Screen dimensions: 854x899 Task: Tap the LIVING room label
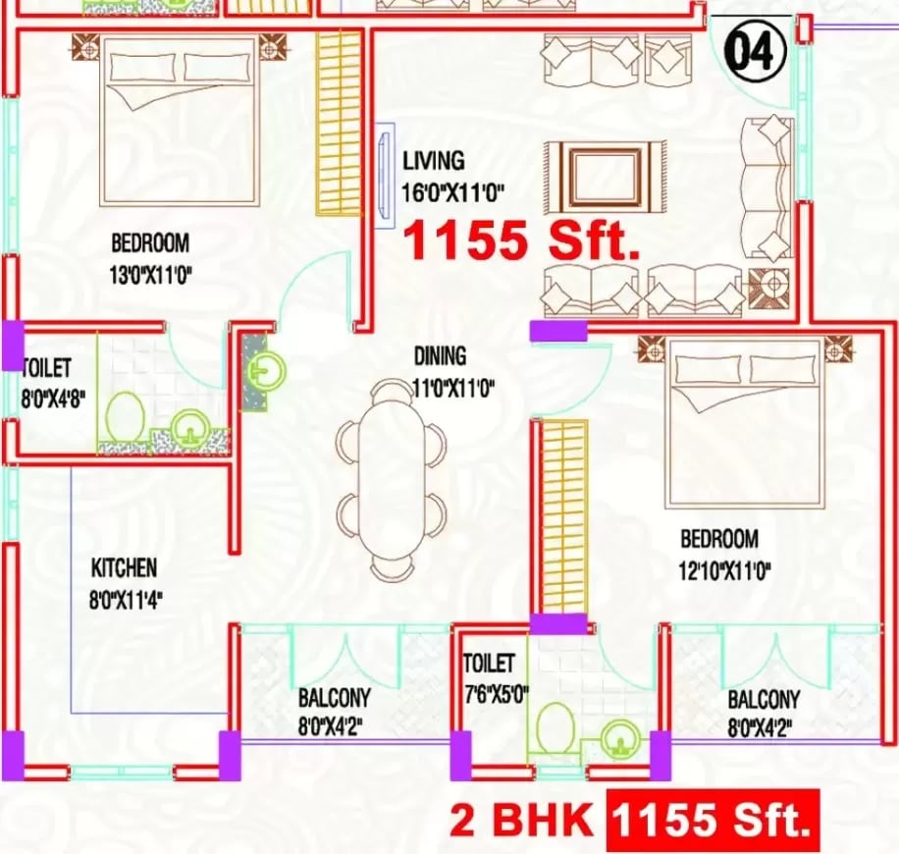click(433, 161)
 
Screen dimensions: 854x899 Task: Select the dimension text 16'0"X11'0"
click(452, 192)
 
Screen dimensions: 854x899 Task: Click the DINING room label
click(440, 357)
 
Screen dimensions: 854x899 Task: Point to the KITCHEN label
click(124, 567)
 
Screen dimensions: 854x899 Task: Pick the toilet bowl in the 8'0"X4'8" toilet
click(125, 416)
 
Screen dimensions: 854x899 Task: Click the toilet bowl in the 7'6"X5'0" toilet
click(556, 724)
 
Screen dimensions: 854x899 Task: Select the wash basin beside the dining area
click(266, 371)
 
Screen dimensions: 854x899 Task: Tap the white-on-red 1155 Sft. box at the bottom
click(712, 819)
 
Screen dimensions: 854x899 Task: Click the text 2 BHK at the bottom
click(522, 820)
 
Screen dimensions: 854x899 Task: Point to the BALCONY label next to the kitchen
click(335, 698)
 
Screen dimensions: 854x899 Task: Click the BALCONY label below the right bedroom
click(763, 700)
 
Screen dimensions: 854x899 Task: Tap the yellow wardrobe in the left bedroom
click(339, 123)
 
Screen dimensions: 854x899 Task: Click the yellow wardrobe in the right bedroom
click(564, 517)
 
